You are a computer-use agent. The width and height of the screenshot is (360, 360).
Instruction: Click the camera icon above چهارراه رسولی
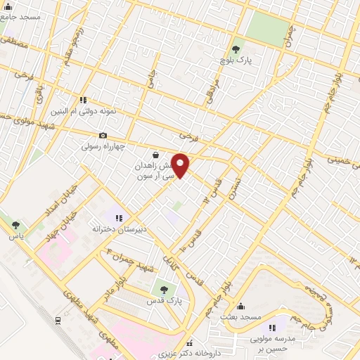[103, 135]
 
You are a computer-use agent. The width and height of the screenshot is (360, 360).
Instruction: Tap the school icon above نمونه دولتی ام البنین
[84, 100]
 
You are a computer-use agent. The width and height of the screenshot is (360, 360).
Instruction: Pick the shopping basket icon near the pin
[155, 154]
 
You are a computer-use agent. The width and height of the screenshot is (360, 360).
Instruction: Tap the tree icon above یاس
[16, 225]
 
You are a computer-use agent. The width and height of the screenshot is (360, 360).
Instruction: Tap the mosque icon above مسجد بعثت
[242, 307]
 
